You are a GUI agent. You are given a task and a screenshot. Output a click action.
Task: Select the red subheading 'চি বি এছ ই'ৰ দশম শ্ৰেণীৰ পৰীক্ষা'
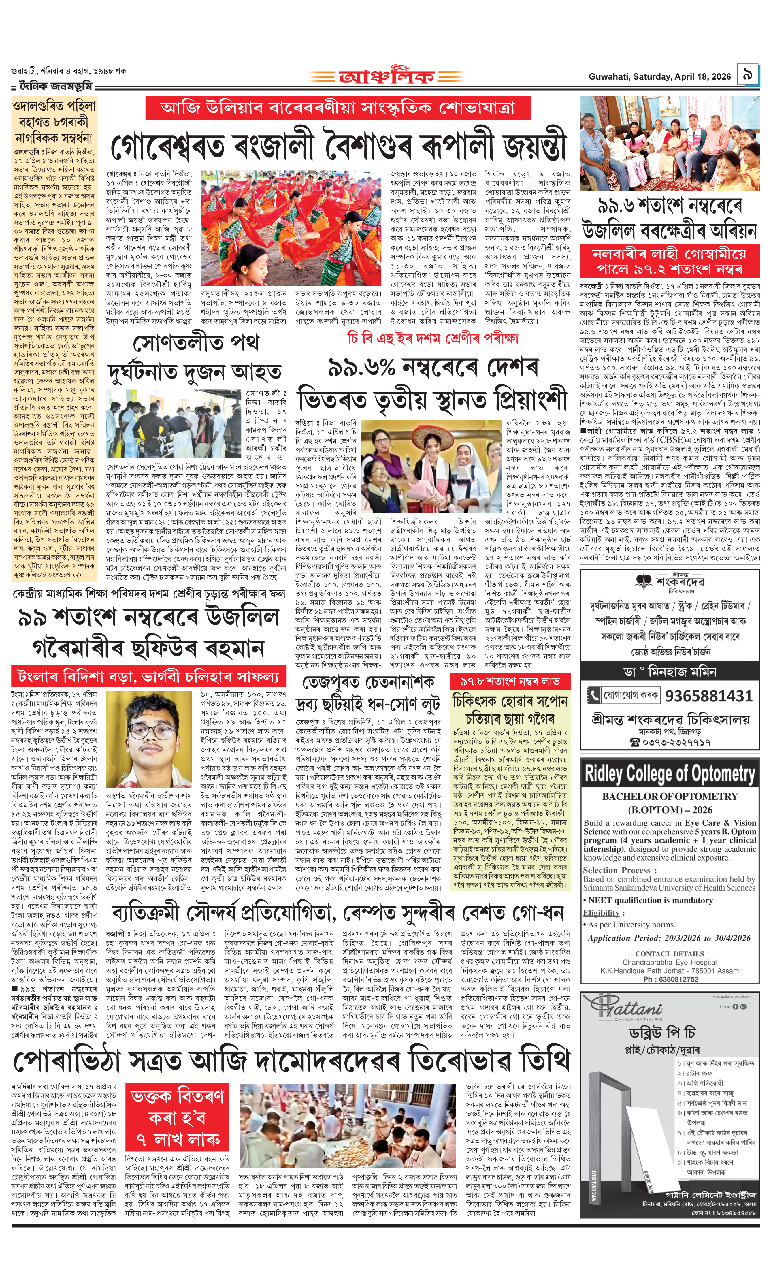(x=433, y=338)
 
